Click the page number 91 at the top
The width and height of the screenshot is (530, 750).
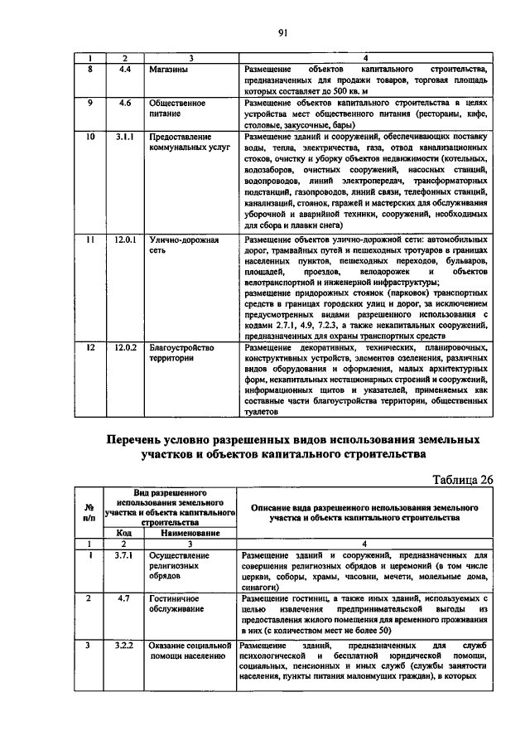tap(282, 32)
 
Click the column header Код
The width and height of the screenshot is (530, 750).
tap(124, 533)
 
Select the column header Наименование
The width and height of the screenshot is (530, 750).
tap(190, 533)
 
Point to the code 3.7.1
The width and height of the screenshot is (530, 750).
tap(124, 554)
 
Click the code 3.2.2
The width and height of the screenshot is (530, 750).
tap(124, 644)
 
